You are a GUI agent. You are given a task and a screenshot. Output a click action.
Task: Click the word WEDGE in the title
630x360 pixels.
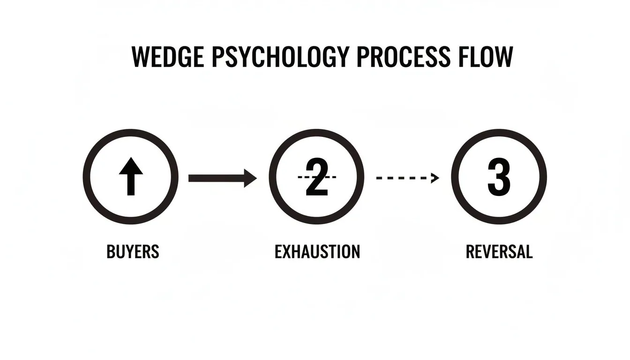click(168, 57)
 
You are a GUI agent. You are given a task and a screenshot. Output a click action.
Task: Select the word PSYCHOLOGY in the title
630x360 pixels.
click(280, 57)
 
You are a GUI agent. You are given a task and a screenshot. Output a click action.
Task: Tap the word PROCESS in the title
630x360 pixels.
click(403, 57)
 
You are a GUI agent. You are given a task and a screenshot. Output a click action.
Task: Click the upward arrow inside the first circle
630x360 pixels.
click(131, 176)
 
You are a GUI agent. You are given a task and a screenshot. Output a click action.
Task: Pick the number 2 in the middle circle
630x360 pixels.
click(317, 177)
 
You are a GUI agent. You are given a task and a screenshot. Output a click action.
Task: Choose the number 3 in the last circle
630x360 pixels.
click(499, 177)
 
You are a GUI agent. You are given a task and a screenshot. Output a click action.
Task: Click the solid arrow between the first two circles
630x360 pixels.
click(223, 178)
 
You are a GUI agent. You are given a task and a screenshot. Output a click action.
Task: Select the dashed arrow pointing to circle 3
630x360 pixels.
click(408, 178)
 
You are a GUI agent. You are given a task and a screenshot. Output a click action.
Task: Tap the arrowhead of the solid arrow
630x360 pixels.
click(250, 178)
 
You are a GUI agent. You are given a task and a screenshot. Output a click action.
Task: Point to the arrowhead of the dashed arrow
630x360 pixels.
click(435, 178)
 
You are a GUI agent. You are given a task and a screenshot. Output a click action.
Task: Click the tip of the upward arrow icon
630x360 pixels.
click(131, 157)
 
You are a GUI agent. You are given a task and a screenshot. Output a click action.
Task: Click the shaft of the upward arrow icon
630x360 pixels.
click(131, 185)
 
